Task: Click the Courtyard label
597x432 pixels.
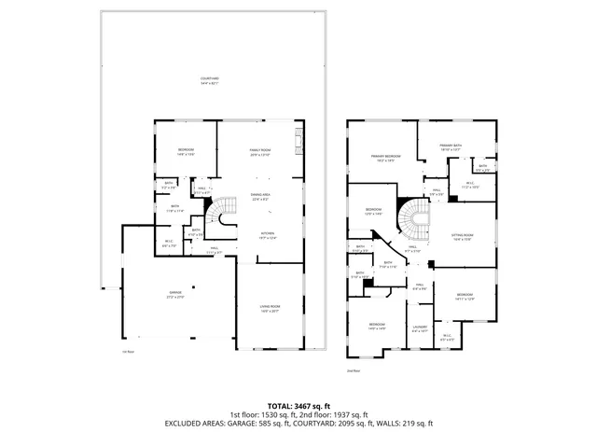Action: coord(210,82)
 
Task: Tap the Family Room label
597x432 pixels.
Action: coord(259,153)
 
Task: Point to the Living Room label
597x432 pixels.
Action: coord(270,309)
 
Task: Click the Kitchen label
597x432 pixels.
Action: coord(267,236)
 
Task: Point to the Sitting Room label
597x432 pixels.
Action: coord(463,237)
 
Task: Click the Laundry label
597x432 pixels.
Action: coord(420,328)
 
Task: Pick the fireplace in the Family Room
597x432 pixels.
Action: coord(298,145)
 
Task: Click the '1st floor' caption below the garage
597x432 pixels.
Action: coord(129,352)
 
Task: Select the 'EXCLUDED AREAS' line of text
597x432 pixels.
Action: coord(297,423)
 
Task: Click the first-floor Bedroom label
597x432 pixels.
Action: coord(185,152)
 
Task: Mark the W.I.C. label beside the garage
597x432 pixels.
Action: coord(168,245)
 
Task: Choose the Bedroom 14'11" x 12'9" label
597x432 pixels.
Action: coord(465,297)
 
